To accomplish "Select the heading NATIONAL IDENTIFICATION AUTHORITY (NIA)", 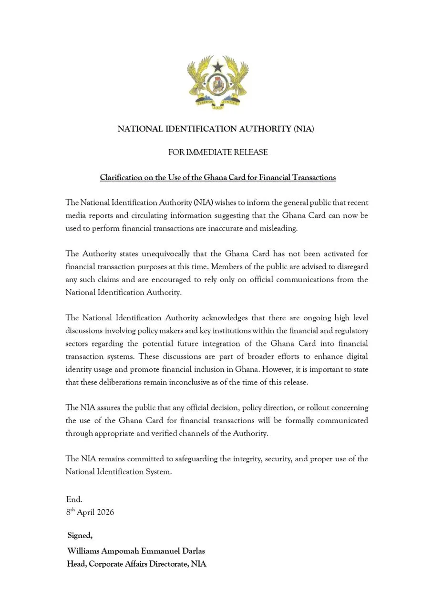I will pyautogui.click(x=216, y=129).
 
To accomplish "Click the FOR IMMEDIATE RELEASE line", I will pyautogui.click(x=218, y=152).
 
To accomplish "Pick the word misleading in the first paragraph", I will pyautogui.click(x=278, y=228).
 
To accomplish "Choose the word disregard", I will pyautogui.click(x=352, y=266).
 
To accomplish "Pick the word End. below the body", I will pyautogui.click(x=74, y=499).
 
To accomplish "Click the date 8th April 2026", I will pyautogui.click(x=90, y=512).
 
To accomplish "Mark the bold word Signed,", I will pyautogui.click(x=80, y=536).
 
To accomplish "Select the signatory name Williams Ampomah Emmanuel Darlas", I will pyautogui.click(x=136, y=551).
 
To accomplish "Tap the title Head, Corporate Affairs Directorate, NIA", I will pyautogui.click(x=136, y=564).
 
